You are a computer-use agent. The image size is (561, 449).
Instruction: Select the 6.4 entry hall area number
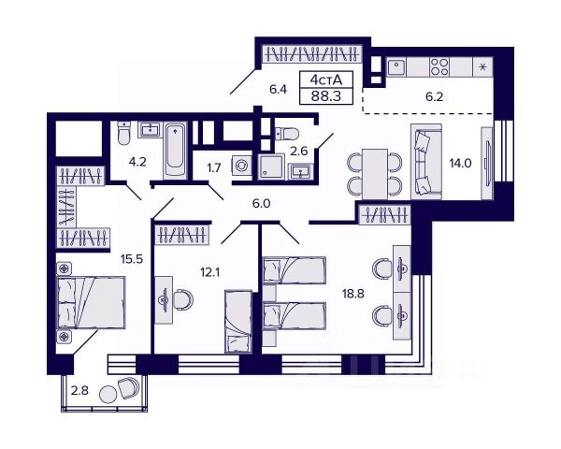coord(278,90)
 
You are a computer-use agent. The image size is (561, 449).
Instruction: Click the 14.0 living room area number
coord(460,163)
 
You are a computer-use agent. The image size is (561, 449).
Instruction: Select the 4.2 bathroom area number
coord(138,160)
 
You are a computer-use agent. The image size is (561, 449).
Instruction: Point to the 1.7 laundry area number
coord(213,168)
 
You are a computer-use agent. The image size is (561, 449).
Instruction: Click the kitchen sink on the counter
coord(397,66)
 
